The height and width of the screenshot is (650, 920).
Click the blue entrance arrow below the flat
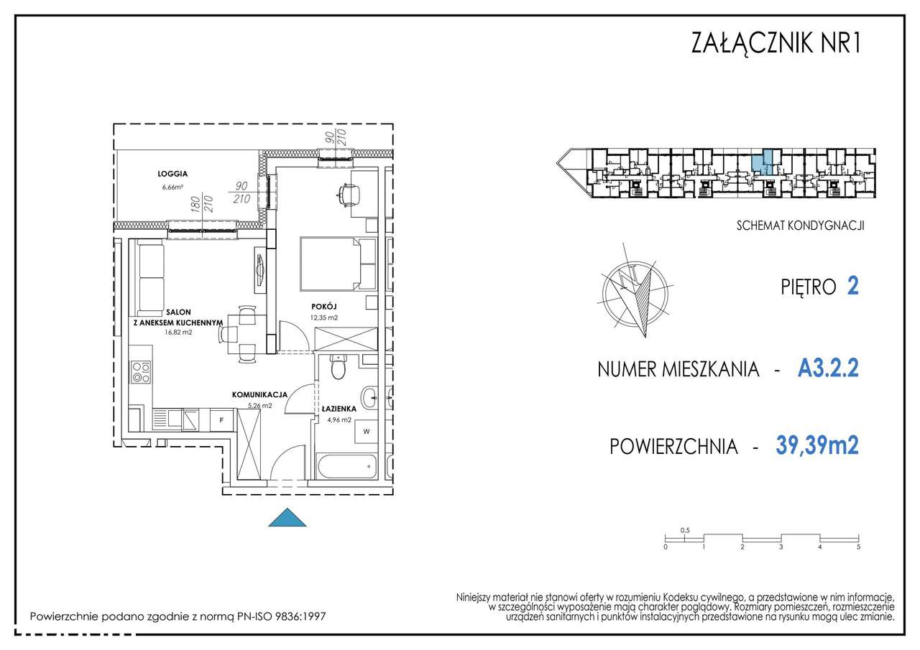287,518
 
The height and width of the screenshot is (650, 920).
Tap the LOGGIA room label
172,173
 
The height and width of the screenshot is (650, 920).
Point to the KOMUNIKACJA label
259,394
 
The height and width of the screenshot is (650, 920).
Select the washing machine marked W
365,432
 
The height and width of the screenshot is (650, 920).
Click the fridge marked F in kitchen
221,419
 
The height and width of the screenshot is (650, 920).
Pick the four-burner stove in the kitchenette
141,372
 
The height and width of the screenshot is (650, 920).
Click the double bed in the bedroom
337,263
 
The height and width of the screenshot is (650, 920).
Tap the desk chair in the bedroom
349,194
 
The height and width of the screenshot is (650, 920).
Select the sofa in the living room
151,277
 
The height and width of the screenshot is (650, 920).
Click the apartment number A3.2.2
828,369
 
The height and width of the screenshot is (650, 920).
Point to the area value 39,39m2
817,445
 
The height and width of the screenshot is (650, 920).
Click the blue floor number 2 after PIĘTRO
853,286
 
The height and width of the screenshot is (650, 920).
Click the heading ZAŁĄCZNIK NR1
775,43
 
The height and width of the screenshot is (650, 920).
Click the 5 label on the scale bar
858,547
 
